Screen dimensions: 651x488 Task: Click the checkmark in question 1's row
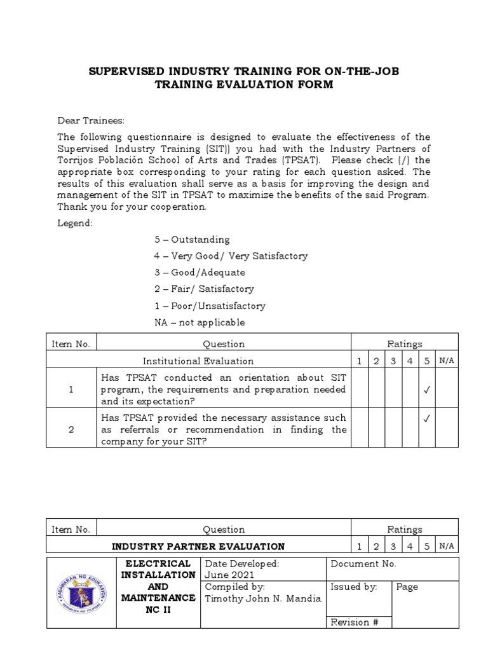(426, 390)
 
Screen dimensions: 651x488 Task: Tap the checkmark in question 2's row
(426, 419)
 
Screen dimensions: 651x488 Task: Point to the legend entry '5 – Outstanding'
(192, 240)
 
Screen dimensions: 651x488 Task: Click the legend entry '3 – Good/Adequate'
(200, 273)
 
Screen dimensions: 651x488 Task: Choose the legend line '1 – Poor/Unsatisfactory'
(210, 306)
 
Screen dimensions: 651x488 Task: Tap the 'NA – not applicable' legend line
(200, 322)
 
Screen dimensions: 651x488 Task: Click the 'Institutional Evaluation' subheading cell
(198, 361)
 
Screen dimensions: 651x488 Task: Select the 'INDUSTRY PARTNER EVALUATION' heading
(198, 546)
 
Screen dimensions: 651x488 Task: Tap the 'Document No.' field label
(363, 564)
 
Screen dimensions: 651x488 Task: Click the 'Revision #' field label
(355, 622)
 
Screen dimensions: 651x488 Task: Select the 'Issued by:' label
(354, 587)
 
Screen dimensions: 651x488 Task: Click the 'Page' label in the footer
(407, 587)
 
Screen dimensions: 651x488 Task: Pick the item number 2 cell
(71, 430)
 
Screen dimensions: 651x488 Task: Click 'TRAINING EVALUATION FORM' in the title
(244, 85)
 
